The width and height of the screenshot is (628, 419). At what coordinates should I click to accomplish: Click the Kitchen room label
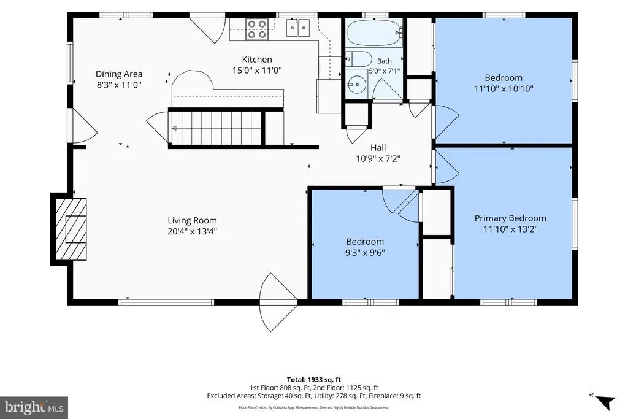coord(257,60)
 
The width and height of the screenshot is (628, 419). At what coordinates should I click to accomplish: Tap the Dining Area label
coord(119,74)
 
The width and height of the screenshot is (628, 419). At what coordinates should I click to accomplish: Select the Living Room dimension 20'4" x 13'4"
coord(192,231)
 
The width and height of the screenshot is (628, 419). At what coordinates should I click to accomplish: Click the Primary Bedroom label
coord(510,218)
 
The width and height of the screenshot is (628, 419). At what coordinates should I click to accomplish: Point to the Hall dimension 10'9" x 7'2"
coord(378,159)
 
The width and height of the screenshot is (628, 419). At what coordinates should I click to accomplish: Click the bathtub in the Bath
coord(373,33)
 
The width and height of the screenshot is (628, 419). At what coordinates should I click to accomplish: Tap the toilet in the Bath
coord(358,59)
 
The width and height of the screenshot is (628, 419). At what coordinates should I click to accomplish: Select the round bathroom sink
coord(355,84)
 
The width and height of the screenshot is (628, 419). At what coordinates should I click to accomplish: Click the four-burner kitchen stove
coord(257,29)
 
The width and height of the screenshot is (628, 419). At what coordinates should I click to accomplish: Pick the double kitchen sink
coord(298,28)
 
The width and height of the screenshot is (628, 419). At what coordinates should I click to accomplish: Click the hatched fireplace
coord(71,229)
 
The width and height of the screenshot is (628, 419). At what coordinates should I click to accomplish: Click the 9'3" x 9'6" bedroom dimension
coord(365,252)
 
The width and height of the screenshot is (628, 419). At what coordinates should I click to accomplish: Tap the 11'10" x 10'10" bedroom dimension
coord(504,88)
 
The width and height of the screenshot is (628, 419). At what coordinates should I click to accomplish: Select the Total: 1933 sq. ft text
coord(314,379)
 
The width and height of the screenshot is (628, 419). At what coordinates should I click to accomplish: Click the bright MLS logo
coord(34,408)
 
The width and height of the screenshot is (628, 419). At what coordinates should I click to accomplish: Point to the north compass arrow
coord(605,401)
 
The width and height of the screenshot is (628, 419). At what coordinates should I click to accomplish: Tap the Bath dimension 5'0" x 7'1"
coord(384,71)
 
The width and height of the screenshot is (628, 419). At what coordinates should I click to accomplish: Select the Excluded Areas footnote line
coord(313,396)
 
